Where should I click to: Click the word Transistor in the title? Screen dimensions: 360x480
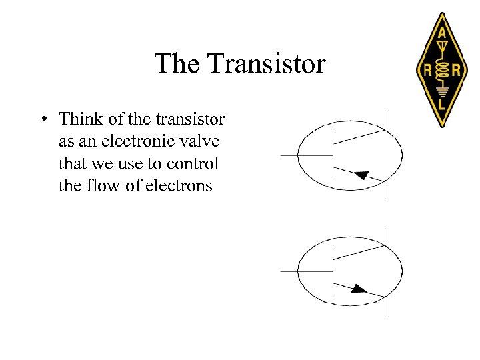click(266, 64)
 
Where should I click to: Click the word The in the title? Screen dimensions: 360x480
click(178, 64)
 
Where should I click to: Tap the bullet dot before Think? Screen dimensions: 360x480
click(42, 119)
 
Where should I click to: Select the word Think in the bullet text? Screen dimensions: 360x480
click(79, 119)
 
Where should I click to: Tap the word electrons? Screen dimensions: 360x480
click(181, 186)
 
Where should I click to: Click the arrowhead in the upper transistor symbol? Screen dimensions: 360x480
click(361, 175)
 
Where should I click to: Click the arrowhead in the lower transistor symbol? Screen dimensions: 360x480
click(359, 289)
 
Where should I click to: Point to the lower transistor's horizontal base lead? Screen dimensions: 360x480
click(305, 271)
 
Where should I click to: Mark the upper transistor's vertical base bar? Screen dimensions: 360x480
click(333, 155)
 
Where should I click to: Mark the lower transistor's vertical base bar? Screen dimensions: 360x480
click(333, 271)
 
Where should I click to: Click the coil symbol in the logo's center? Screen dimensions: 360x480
click(441, 69)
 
